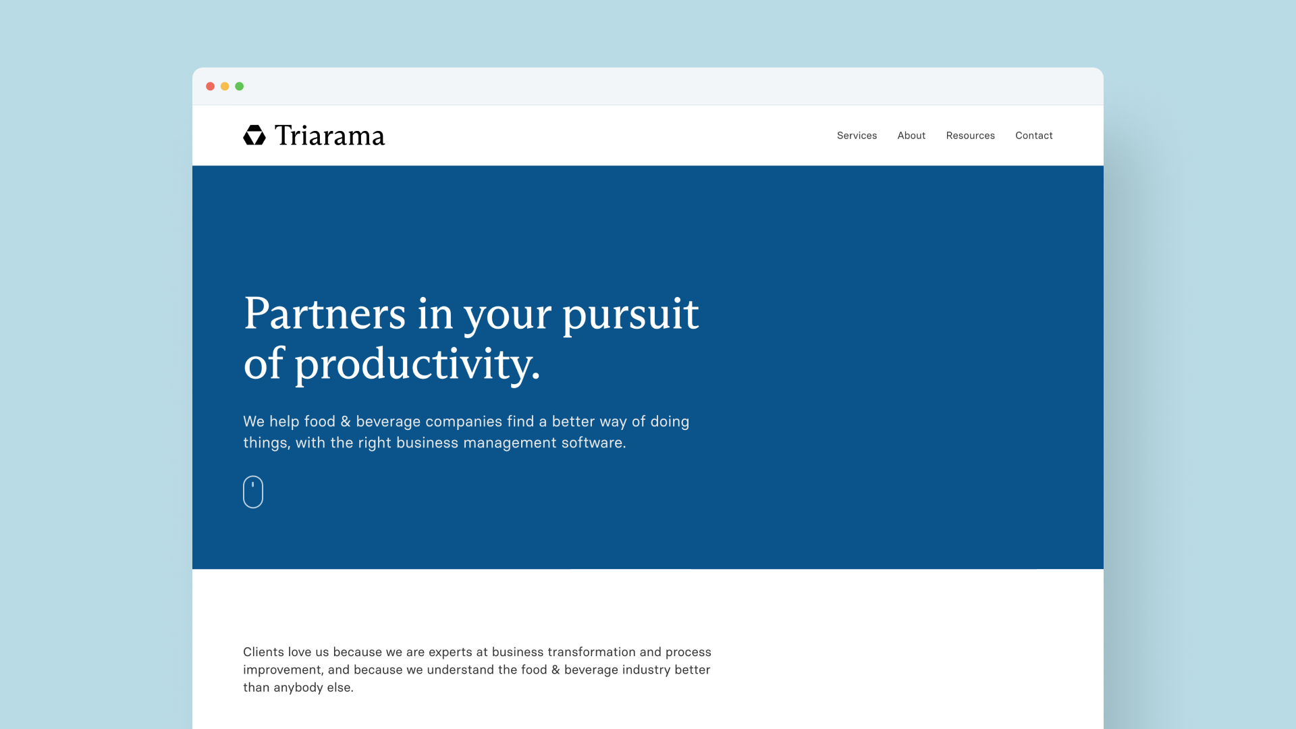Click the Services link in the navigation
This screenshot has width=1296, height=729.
tap(857, 136)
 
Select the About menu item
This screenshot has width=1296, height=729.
tap(911, 136)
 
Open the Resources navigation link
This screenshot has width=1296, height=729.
tap(970, 136)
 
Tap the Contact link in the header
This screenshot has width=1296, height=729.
tap(1033, 136)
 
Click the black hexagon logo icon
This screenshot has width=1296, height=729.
tap(254, 136)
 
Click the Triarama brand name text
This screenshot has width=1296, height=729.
tap(329, 136)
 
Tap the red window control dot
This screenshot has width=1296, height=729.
tap(211, 86)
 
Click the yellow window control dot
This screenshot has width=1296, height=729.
tap(225, 86)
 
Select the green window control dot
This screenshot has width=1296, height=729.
tap(240, 86)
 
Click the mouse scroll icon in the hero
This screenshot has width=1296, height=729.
tap(253, 492)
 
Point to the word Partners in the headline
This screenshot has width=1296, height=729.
tap(325, 314)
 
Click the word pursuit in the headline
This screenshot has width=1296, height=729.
tap(630, 314)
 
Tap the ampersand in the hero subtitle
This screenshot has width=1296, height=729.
tap(346, 422)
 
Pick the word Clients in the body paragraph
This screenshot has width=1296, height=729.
tap(263, 652)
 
